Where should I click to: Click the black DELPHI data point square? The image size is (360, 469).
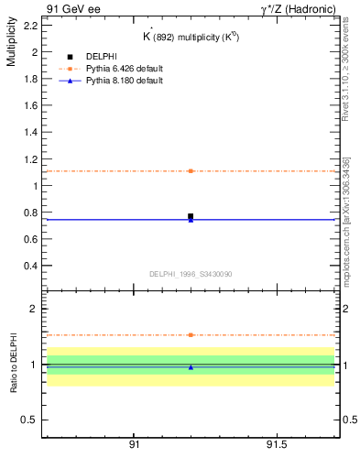(x=191, y=216)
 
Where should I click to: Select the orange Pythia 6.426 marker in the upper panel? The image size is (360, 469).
(x=191, y=171)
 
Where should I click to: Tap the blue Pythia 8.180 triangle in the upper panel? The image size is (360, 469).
(x=191, y=220)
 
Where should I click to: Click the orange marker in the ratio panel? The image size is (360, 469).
(x=191, y=335)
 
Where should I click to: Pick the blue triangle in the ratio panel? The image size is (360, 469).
(x=191, y=367)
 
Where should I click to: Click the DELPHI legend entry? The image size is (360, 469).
(x=101, y=57)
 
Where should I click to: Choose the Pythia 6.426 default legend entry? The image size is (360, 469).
(x=125, y=69)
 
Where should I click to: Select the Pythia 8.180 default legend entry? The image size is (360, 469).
(x=125, y=81)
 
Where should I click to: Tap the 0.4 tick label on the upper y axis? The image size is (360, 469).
(x=29, y=266)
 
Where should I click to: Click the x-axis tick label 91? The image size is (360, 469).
(x=134, y=444)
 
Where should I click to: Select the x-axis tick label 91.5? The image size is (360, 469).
(x=276, y=444)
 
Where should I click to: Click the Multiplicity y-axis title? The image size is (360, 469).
(x=11, y=45)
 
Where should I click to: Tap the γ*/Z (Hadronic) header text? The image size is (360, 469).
(x=297, y=8)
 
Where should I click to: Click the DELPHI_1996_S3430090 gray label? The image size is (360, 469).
(x=191, y=274)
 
